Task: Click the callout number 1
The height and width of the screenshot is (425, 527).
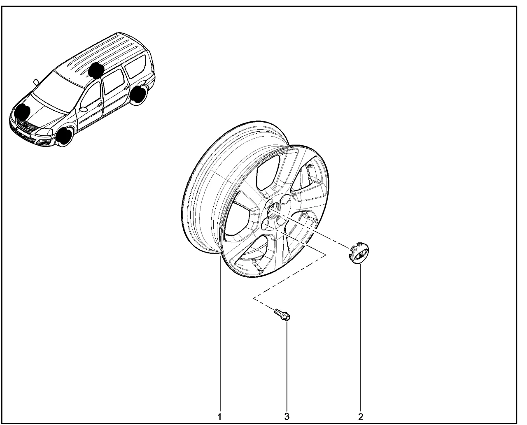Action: [219, 417]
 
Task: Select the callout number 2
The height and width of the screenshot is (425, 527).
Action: [361, 417]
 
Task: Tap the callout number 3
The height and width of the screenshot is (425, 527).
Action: [287, 417]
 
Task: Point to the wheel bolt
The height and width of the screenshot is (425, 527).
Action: [282, 315]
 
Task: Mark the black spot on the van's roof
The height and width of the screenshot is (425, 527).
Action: [96, 70]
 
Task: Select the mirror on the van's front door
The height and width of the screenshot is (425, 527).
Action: [83, 109]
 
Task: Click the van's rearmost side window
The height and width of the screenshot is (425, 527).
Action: [135, 66]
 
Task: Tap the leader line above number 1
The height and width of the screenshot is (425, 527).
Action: [220, 334]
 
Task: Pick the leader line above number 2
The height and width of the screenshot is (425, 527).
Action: [360, 338]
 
